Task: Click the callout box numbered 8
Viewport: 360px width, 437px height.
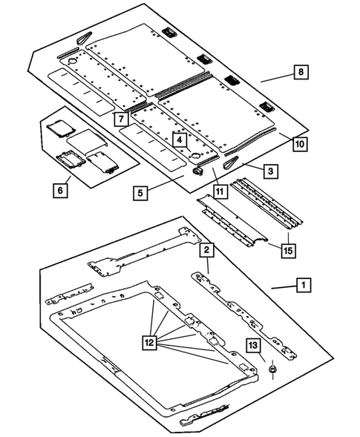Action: [301, 72]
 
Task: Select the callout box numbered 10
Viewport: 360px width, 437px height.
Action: [300, 144]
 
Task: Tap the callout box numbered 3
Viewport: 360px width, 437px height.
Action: [271, 171]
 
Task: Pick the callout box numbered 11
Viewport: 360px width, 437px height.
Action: [220, 191]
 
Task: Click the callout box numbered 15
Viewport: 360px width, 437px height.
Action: [288, 251]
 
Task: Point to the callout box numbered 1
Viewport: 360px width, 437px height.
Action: [304, 285]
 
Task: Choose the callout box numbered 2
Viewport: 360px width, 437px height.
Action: [206, 250]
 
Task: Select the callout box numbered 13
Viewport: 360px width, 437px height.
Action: [253, 346]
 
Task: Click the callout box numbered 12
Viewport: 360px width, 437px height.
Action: [149, 342]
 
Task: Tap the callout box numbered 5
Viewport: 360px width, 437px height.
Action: [140, 193]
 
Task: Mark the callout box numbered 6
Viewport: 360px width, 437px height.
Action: [60, 191]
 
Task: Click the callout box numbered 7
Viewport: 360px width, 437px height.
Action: [121, 119]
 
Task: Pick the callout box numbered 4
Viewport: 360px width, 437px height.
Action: [180, 140]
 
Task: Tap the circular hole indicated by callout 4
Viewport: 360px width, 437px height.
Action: [195, 155]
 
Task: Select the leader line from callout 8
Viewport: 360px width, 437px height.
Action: [277, 78]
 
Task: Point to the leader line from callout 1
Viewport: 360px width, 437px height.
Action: [284, 287]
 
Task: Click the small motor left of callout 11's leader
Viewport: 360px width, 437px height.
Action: [198, 171]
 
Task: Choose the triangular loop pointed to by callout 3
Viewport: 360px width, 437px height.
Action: [231, 162]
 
